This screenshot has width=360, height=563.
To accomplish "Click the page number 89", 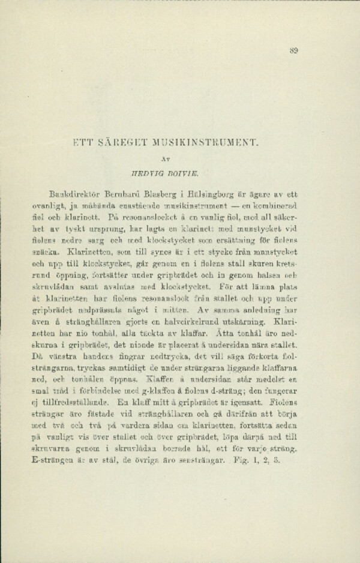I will pos(293,51).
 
